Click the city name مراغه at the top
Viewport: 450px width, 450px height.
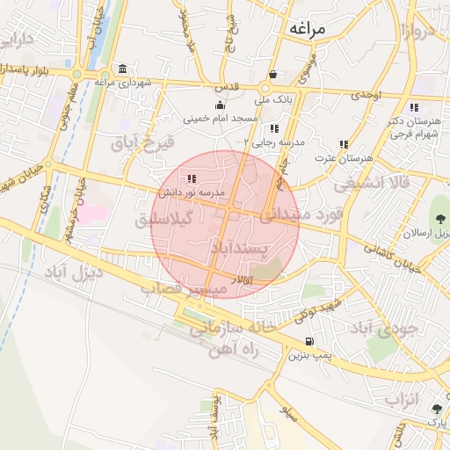pyautogui.click(x=304, y=29)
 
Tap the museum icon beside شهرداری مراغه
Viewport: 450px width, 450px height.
pyautogui.click(x=121, y=69)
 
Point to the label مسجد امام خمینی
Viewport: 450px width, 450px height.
pyautogui.click(x=220, y=118)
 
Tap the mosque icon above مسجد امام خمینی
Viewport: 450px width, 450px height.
pyautogui.click(x=219, y=105)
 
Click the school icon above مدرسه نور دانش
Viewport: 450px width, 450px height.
pyautogui.click(x=192, y=179)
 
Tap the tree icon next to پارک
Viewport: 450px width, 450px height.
pyautogui.click(x=437, y=409)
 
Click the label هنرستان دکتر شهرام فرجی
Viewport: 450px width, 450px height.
pyautogui.click(x=413, y=128)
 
